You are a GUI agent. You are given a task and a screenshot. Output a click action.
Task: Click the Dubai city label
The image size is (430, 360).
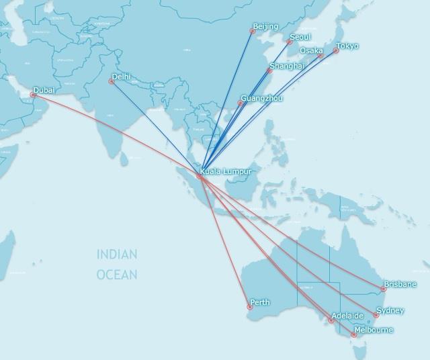click(44, 90)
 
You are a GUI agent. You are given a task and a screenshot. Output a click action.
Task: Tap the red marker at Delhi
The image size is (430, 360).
click(112, 82)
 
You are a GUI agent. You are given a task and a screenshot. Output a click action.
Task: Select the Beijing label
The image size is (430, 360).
click(265, 27)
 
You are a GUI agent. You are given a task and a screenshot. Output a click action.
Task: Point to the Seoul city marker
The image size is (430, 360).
click(290, 42)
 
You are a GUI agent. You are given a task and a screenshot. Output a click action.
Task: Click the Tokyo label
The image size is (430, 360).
click(347, 46)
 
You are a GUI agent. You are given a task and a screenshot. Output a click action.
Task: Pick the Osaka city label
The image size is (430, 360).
click(311, 51)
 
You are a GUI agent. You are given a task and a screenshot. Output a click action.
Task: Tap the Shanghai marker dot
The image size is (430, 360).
click(269, 71)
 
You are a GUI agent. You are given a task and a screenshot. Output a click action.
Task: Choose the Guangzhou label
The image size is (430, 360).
click(261, 99)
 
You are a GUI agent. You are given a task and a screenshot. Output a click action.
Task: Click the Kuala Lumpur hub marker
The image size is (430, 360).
click(200, 177)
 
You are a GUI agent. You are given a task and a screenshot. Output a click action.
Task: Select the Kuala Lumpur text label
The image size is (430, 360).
click(226, 172)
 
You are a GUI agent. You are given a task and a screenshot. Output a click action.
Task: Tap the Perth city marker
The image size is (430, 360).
click(249, 307)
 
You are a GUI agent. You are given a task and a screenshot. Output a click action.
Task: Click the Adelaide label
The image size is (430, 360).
click(347, 316)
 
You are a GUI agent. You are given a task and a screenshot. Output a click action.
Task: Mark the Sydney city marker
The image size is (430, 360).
click(376, 315)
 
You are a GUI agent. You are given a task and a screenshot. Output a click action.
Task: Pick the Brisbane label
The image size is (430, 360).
click(400, 284)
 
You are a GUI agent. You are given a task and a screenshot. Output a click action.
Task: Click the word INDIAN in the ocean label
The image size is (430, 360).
click(117, 255)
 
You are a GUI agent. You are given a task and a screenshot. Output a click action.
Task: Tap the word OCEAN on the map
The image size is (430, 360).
click(117, 275)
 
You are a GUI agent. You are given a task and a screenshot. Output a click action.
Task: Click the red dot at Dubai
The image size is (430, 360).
click(33, 95)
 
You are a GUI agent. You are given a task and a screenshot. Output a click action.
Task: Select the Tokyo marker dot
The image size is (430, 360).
click(336, 51)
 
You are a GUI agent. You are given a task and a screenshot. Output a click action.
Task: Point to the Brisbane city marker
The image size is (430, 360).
click(384, 289)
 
